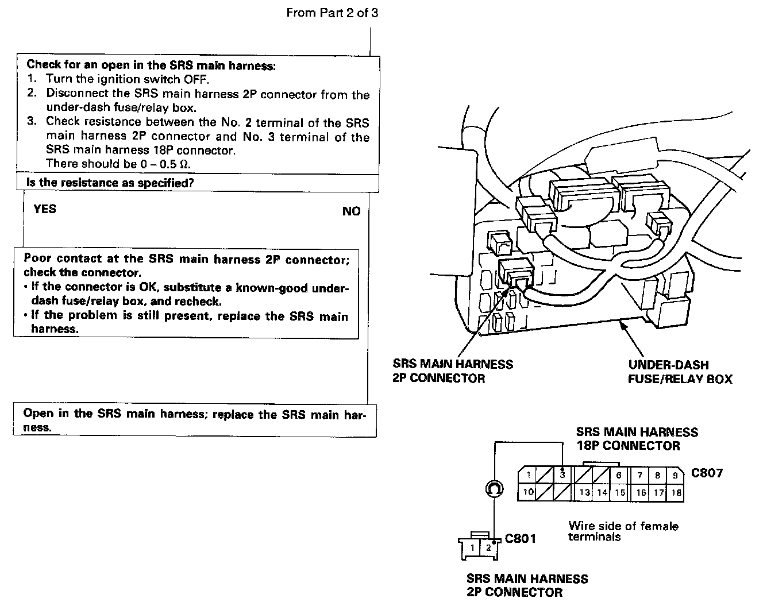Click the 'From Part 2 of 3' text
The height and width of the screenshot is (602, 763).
click(332, 13)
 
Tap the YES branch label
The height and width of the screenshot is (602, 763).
click(45, 209)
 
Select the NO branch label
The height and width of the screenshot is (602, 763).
click(351, 211)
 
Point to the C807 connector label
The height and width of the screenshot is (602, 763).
click(707, 473)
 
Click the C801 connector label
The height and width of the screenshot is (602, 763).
click(521, 539)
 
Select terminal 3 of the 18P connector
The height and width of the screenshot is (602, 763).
click(562, 475)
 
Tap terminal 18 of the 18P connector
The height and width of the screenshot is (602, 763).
click(676, 492)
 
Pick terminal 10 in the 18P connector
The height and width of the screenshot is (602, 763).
click(528, 492)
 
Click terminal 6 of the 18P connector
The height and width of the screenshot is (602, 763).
click(619, 475)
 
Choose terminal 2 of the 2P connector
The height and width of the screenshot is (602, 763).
click(488, 547)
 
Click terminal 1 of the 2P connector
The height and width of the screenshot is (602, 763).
click(472, 547)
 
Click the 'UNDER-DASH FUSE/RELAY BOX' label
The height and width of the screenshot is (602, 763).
click(680, 372)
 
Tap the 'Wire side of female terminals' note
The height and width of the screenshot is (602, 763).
click(623, 531)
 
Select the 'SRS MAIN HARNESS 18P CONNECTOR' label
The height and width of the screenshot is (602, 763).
click(637, 439)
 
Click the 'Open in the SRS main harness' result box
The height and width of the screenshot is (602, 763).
click(194, 420)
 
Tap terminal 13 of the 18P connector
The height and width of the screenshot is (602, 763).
click(585, 492)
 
